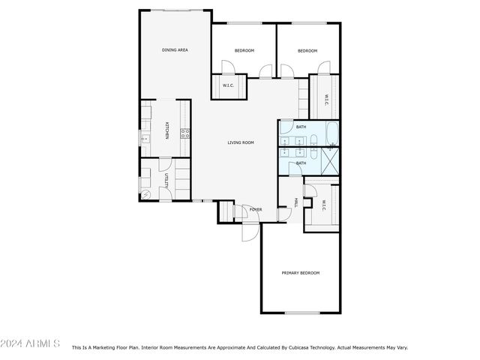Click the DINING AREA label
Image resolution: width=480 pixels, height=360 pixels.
pyautogui.click(x=175, y=50)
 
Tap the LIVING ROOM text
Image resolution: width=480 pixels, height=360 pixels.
pyautogui.click(x=241, y=142)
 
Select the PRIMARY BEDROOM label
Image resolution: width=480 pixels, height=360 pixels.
pyautogui.click(x=301, y=273)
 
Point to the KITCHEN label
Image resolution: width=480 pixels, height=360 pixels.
pyautogui.click(x=166, y=130)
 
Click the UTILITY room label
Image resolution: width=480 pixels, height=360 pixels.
pyautogui.click(x=166, y=181)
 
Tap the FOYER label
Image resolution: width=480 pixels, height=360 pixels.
pyautogui.click(x=256, y=209)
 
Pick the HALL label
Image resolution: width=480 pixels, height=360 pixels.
pyautogui.click(x=296, y=202)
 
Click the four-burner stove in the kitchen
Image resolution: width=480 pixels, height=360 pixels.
pyautogui.click(x=185, y=133)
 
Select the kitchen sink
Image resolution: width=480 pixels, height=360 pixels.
pyautogui.click(x=145, y=139)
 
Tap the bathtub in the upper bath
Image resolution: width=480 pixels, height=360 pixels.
pyautogui.click(x=332, y=133)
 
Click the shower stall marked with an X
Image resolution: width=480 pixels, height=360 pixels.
pyautogui.click(x=329, y=161)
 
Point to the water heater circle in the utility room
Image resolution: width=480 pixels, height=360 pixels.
pyautogui.click(x=145, y=195)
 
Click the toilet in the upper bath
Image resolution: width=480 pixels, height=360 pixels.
pyautogui.click(x=314, y=139)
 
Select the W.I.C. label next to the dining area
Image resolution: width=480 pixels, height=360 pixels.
pyautogui.click(x=228, y=85)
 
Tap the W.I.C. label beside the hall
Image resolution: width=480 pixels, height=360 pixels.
pyautogui.click(x=324, y=205)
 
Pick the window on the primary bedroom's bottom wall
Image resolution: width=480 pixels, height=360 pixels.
pyautogui.click(x=302, y=313)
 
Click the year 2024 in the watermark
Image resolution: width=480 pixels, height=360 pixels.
pyautogui.click(x=11, y=343)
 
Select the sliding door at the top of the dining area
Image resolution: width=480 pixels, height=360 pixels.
pyautogui.click(x=177, y=10)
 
